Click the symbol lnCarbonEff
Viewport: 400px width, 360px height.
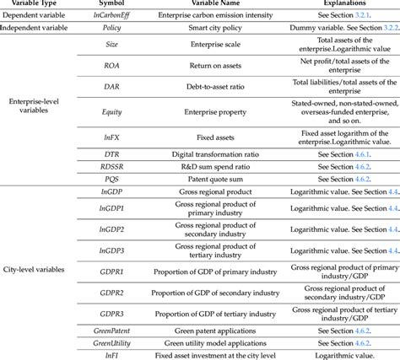[111, 16]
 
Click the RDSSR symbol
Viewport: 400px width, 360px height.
[111, 167]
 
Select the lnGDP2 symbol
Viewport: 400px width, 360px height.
[111, 229]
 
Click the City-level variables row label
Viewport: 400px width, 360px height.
[35, 268]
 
